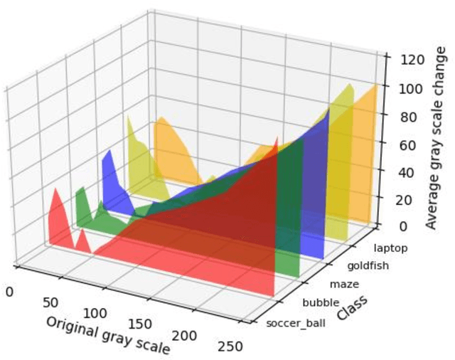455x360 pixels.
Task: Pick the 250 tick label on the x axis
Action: pyautogui.click(x=231, y=347)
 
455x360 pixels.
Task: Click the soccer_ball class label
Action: pyautogui.click(x=293, y=324)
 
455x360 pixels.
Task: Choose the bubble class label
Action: pyautogui.click(x=320, y=304)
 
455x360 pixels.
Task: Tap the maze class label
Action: pyautogui.click(x=345, y=285)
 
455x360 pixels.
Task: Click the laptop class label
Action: pyautogui.click(x=390, y=248)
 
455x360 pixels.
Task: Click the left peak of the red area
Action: pyautogui.click(x=55, y=190)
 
